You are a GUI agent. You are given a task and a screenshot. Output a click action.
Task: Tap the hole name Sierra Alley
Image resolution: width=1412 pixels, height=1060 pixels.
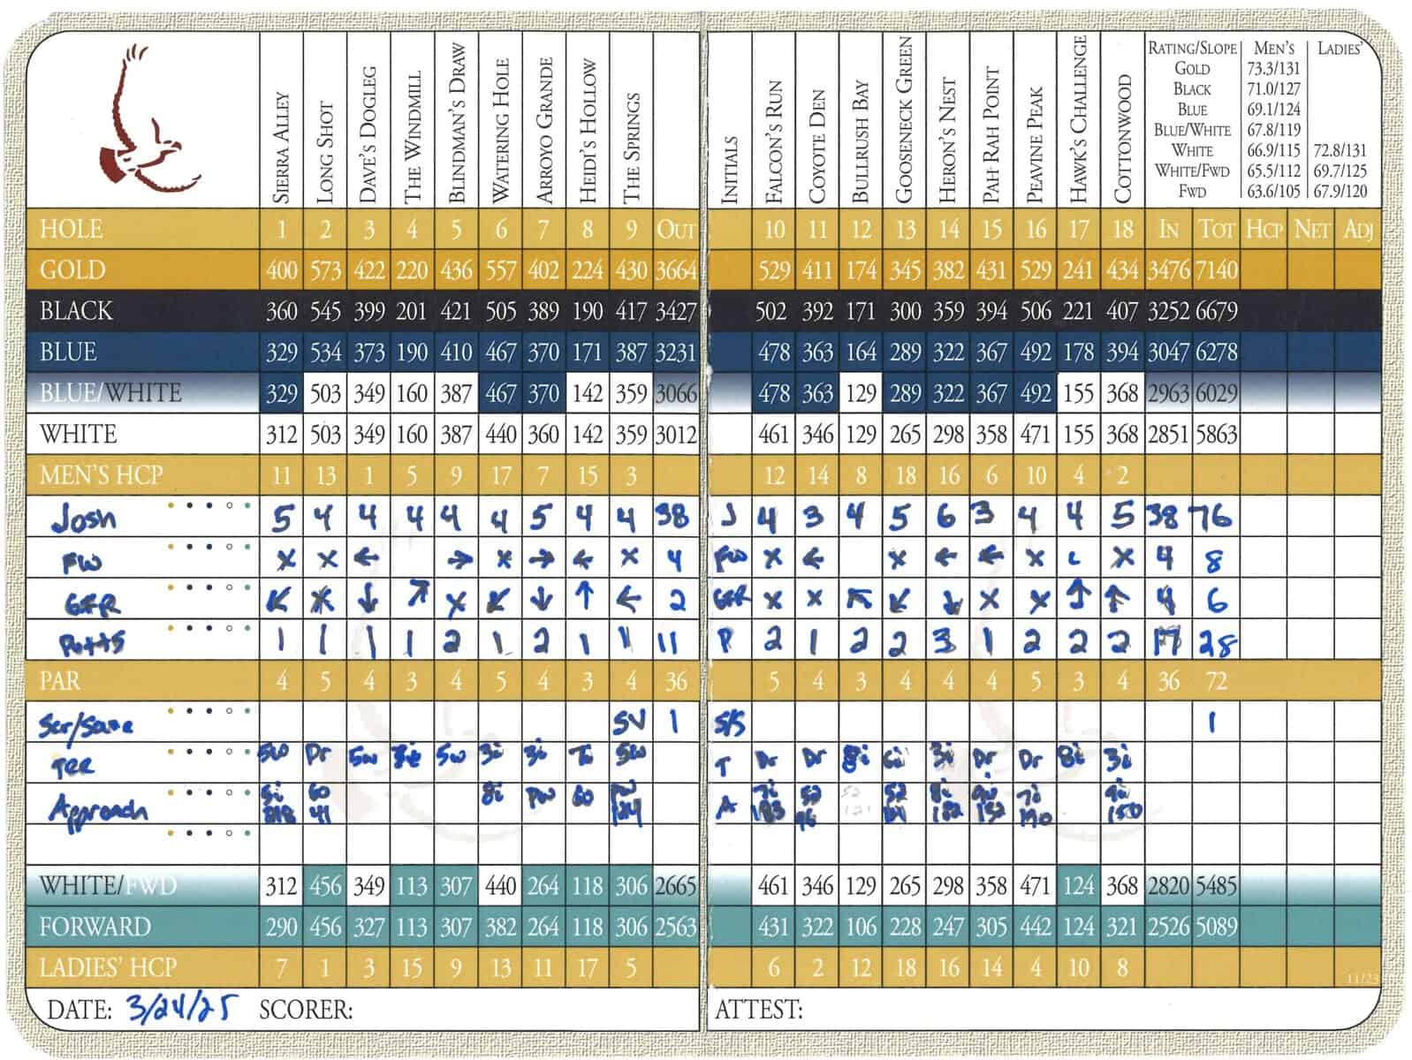(x=282, y=147)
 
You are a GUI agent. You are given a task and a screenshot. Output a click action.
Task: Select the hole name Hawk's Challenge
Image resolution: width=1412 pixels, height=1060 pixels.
(x=1078, y=119)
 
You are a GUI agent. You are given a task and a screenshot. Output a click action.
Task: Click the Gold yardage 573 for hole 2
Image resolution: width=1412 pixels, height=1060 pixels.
(x=325, y=269)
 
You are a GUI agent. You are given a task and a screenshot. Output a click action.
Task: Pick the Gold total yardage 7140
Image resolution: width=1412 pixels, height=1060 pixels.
(x=1217, y=269)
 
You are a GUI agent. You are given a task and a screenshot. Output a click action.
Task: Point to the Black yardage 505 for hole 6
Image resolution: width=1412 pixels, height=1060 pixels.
(x=500, y=311)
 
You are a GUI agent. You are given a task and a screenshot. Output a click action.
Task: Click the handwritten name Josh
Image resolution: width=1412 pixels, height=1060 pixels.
(x=84, y=518)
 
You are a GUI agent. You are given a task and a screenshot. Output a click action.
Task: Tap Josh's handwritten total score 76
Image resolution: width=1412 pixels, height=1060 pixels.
(x=1215, y=516)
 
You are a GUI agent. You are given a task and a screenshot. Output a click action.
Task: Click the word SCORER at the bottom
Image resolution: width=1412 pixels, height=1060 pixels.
(x=306, y=1009)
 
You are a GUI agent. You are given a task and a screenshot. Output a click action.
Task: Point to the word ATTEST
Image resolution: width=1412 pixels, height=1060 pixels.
(x=759, y=1009)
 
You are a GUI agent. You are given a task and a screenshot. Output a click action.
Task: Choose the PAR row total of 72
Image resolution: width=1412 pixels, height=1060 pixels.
(x=1216, y=681)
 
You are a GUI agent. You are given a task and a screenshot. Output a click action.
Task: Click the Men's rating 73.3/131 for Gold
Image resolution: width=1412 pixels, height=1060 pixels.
(x=1273, y=68)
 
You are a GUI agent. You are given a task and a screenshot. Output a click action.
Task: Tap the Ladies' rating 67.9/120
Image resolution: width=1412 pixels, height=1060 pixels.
(x=1340, y=191)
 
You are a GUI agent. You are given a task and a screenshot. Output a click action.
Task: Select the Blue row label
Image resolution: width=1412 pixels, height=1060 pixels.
(x=68, y=352)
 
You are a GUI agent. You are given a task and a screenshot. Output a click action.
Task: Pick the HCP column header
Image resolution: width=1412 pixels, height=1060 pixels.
(x=1264, y=230)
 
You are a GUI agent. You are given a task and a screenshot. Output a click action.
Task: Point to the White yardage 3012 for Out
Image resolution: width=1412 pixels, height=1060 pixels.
(x=676, y=435)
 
